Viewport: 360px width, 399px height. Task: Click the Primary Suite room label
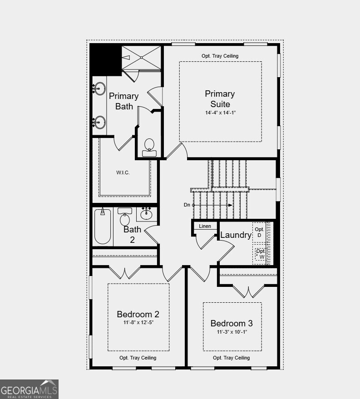pos(220,99)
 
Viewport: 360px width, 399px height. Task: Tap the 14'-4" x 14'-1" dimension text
pos(220,113)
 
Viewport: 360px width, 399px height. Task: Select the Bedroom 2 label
pos(138,314)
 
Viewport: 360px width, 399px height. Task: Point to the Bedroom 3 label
pos(232,323)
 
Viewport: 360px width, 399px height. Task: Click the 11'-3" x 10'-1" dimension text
pos(232,332)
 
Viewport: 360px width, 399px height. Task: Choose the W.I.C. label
pos(123,172)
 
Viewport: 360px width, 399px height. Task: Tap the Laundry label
pos(236,235)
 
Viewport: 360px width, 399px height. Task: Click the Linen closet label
pos(205,226)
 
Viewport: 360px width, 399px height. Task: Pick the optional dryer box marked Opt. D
pos(260,232)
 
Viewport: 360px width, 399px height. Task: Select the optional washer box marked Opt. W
pos(261,254)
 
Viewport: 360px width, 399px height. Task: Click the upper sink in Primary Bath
pos(100,88)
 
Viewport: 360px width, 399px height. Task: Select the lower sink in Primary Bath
pos(100,122)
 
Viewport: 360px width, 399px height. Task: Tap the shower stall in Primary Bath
pos(141,58)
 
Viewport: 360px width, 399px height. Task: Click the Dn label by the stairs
pos(187,205)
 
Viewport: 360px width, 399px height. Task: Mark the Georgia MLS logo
pos(30,389)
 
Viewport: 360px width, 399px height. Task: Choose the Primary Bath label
pos(124,101)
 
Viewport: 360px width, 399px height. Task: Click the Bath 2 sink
pos(146,213)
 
